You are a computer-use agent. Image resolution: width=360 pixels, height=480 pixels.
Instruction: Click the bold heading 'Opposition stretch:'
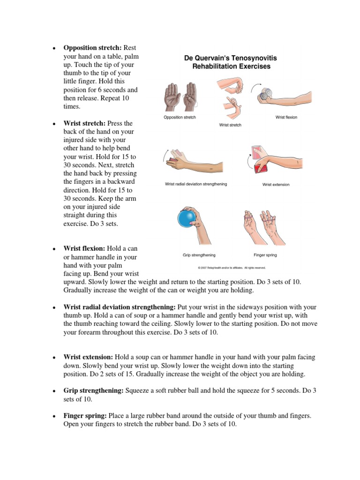[92, 48]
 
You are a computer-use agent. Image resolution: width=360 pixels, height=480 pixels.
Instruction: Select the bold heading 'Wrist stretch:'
[84, 123]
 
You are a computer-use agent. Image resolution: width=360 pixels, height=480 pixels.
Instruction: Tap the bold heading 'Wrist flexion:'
[84, 248]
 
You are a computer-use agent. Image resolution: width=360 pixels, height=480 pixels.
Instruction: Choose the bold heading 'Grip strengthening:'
[93, 391]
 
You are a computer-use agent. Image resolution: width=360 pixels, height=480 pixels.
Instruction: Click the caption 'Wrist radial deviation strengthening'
[196, 184]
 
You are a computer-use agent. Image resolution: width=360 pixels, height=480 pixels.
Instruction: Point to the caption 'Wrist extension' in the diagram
[276, 185]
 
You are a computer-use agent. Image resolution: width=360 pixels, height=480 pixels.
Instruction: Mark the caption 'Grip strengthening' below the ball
[199, 255]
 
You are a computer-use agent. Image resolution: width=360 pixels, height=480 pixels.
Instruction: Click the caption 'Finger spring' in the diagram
[265, 255]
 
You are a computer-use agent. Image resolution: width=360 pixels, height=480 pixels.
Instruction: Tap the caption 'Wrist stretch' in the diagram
[230, 125]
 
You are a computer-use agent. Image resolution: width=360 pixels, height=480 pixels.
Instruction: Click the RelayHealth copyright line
[232, 268]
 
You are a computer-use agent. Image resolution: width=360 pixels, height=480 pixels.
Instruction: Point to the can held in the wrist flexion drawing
[264, 95]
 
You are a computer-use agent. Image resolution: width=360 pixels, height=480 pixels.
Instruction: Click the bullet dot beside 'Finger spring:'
[54, 416]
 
